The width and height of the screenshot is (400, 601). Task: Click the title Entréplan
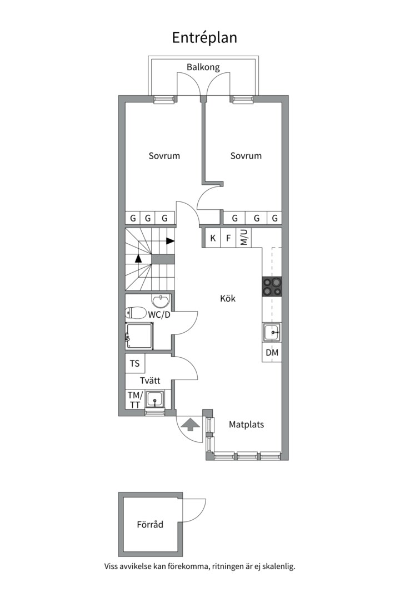204,38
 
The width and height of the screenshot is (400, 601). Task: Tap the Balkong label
203,67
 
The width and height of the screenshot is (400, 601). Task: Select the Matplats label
247,424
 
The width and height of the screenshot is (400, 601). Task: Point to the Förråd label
150,524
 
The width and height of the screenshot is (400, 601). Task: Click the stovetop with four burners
272,287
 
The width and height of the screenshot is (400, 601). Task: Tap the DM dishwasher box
272,352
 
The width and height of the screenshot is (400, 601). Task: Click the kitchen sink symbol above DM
272,332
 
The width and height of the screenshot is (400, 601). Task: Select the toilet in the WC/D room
136,312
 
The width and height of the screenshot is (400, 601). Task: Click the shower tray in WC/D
139,336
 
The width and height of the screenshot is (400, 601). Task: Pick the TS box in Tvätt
135,363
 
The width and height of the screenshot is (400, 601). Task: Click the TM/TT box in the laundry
135,400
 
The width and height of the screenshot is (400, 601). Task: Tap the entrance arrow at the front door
190,425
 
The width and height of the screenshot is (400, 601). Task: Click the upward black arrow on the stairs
138,258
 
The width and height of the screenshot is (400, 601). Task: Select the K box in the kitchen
213,238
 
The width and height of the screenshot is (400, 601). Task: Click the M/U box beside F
244,238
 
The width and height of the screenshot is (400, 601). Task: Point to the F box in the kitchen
228,238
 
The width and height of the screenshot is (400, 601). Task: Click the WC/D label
159,314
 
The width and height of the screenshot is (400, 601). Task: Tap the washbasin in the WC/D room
161,301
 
